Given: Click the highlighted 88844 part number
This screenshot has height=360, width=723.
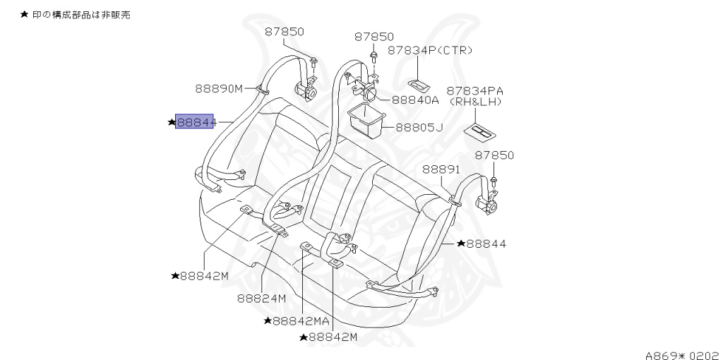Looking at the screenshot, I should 194,122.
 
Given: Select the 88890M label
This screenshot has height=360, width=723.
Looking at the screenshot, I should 218,89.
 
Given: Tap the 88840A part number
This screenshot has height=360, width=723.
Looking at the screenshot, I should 415,100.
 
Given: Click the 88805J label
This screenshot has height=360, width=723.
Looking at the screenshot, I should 419,128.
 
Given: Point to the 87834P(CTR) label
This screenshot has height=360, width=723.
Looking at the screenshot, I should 430,51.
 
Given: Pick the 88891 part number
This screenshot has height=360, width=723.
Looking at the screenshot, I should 441,169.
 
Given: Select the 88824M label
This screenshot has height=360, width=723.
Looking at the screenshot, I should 261,298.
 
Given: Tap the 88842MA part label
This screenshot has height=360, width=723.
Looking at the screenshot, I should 297,321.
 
